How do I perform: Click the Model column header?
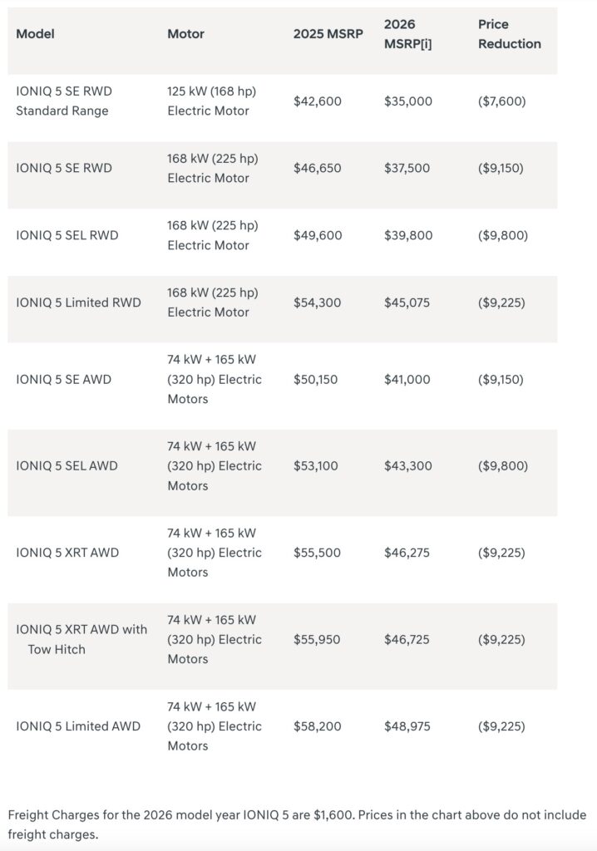35,34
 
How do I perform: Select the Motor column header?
185,34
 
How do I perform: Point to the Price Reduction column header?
509,34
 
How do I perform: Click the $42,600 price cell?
317,101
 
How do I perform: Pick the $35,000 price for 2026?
407,101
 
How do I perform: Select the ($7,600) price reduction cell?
501,101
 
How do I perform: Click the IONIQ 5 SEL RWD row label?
67,235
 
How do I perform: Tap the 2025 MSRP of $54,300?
317,303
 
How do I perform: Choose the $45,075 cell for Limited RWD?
407,303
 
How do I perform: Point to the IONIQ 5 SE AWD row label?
63,379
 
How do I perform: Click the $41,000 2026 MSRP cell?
407,379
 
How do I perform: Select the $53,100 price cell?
316,465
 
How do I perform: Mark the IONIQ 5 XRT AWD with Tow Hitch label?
81,639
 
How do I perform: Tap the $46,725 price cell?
407,639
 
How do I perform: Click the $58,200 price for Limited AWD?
317,726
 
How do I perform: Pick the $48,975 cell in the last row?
407,726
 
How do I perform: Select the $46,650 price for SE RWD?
317,168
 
